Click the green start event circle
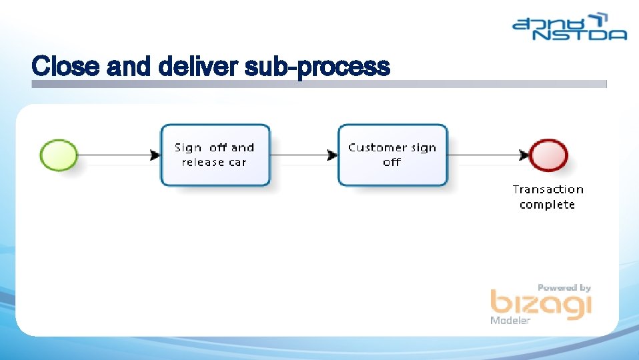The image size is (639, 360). click(59, 155)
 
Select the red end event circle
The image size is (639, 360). click(549, 155)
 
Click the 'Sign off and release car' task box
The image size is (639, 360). click(215, 155)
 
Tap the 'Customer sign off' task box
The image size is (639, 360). click(392, 155)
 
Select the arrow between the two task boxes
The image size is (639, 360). click(303, 155)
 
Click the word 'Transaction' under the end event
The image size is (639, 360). click(548, 190)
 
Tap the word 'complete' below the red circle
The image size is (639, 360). click(547, 205)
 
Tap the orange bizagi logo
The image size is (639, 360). click(540, 305)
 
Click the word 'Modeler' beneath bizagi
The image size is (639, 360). click(510, 321)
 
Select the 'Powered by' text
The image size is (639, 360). click(564, 287)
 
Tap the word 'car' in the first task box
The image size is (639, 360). click(238, 162)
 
